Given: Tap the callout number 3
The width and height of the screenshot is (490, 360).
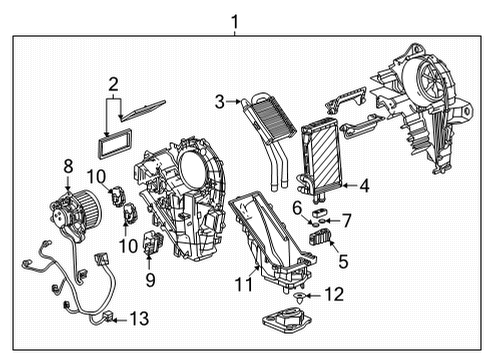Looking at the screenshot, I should point(219,100).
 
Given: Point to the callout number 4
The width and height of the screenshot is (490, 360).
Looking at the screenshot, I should point(364,184).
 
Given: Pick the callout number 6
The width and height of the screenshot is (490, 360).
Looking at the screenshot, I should point(297,206).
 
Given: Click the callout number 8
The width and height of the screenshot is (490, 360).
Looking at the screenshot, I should point(68,165).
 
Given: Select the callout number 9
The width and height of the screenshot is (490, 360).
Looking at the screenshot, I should point(150,281).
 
